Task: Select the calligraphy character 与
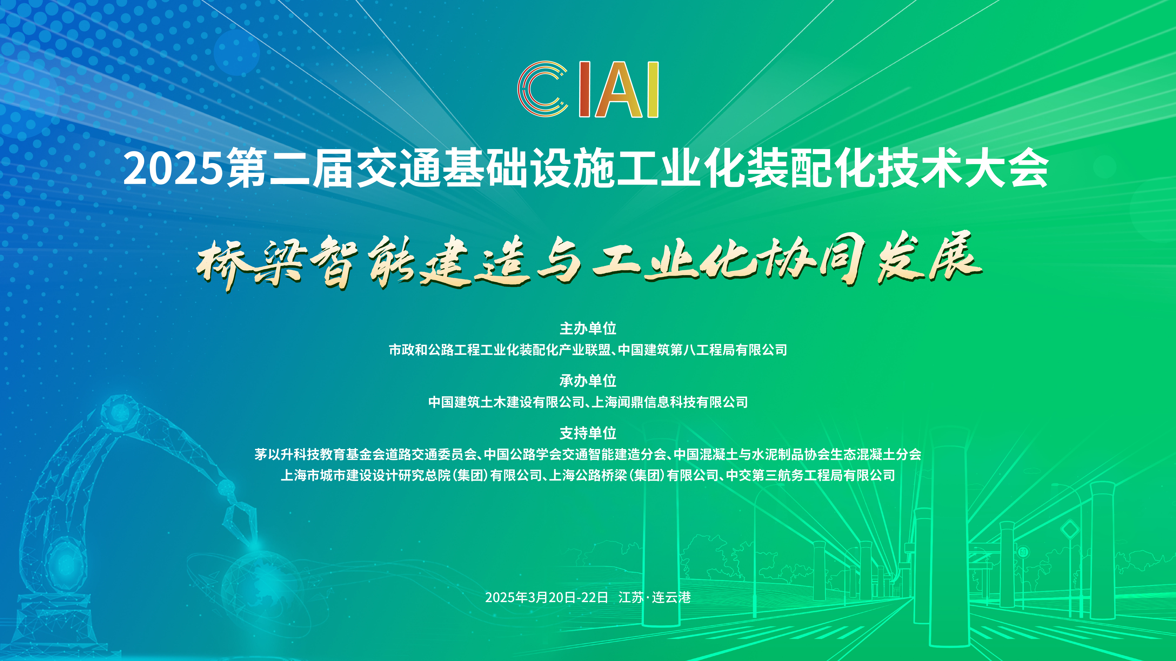pyautogui.click(x=559, y=264)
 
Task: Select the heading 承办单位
pyautogui.click(x=588, y=380)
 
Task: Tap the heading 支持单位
pyautogui.click(x=588, y=433)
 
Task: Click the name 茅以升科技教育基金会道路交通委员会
pyautogui.click(x=365, y=454)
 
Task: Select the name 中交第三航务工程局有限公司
pyautogui.click(x=810, y=475)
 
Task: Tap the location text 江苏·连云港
pyautogui.click(x=654, y=598)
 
